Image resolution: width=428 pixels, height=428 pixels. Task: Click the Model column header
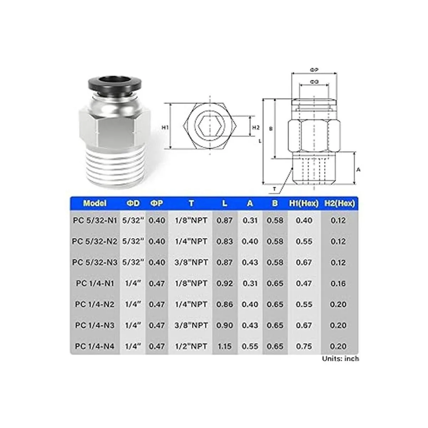pos(95,203)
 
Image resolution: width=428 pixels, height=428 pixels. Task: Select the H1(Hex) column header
pos(304,203)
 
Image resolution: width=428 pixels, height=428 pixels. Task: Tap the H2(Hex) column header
pos(340,203)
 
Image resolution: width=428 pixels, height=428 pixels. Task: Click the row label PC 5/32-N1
pos(95,220)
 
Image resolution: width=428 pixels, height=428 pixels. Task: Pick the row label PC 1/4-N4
pos(95,346)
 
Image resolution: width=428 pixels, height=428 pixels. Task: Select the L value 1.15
pos(225,346)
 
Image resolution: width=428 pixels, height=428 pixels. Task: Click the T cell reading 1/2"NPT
pos(191,346)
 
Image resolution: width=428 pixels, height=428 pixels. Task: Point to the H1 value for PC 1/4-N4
pos(304,346)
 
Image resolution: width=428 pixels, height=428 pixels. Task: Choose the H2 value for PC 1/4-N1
pos(338,284)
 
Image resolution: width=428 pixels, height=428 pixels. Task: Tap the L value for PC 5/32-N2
pos(225,241)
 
